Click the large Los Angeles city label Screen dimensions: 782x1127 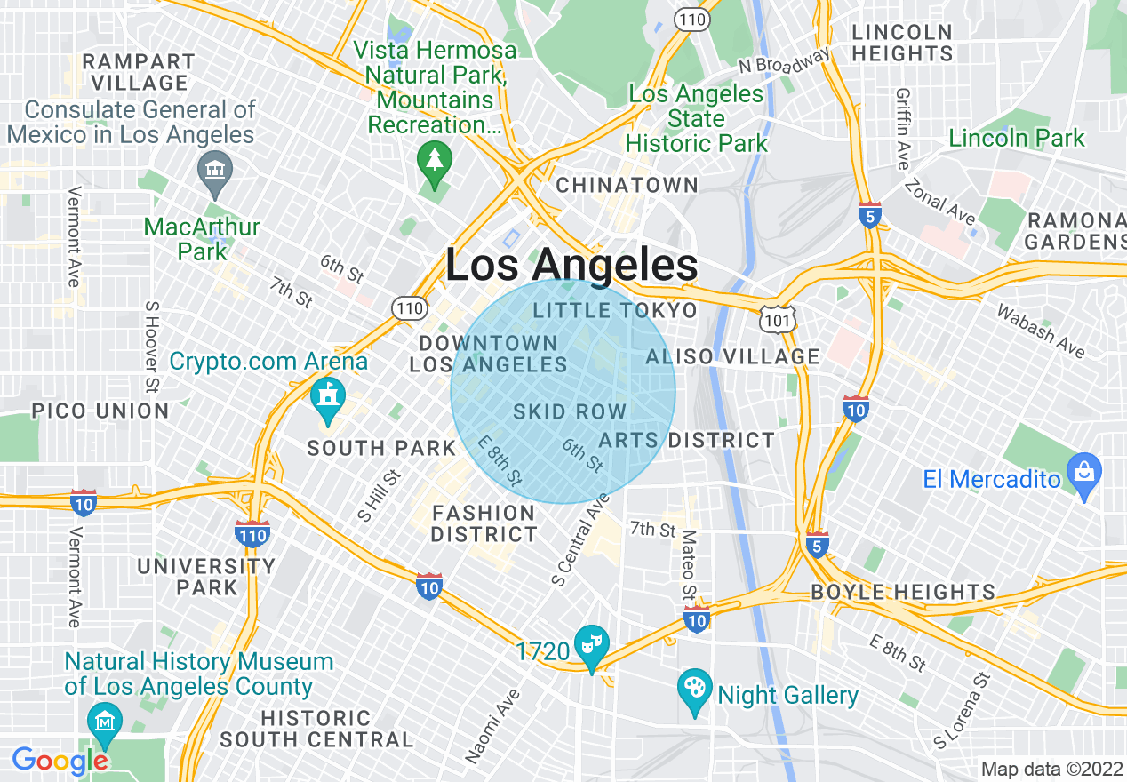571,266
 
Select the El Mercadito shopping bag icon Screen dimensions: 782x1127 1084,468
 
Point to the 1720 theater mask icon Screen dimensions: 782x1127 592,641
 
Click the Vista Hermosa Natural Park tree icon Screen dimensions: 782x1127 434,163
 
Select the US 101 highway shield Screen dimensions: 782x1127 779,316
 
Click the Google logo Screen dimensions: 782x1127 60,761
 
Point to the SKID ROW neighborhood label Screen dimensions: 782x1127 570,412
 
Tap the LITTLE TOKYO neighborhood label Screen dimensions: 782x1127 615,310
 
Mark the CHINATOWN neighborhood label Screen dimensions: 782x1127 627,185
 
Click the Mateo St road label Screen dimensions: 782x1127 689,566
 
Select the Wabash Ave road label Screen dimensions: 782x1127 1041,331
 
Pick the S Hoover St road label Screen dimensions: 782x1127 150,347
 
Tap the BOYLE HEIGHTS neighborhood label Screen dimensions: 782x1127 903,593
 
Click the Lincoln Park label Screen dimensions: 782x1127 1016,139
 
